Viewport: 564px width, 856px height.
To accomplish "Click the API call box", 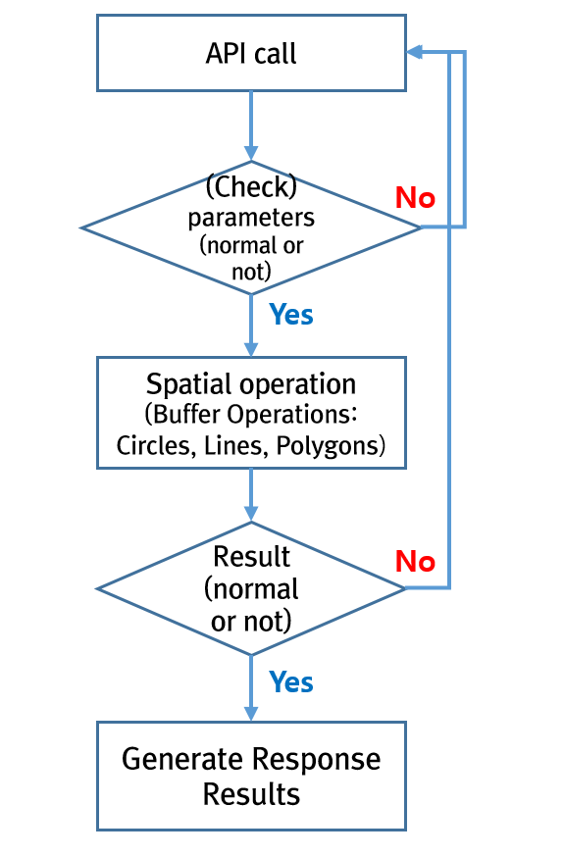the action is (251, 53).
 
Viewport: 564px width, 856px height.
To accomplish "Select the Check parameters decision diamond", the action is (251, 227).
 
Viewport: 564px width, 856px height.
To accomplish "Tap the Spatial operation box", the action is (251, 413).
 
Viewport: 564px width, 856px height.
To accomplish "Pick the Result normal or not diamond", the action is (251, 588).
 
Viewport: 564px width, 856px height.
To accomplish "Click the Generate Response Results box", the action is (251, 776).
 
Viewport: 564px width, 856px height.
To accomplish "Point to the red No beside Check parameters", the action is (415, 198).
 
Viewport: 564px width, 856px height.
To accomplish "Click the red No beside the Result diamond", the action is (415, 561).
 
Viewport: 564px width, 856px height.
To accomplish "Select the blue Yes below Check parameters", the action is (291, 315).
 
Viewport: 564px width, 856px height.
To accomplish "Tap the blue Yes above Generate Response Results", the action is (291, 681).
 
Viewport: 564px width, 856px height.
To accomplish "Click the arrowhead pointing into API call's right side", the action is (414, 52).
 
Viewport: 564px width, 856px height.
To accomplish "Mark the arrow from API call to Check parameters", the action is (251, 126).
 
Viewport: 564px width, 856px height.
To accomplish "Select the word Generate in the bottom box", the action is (182, 759).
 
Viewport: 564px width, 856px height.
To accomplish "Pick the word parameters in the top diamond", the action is (251, 219).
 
